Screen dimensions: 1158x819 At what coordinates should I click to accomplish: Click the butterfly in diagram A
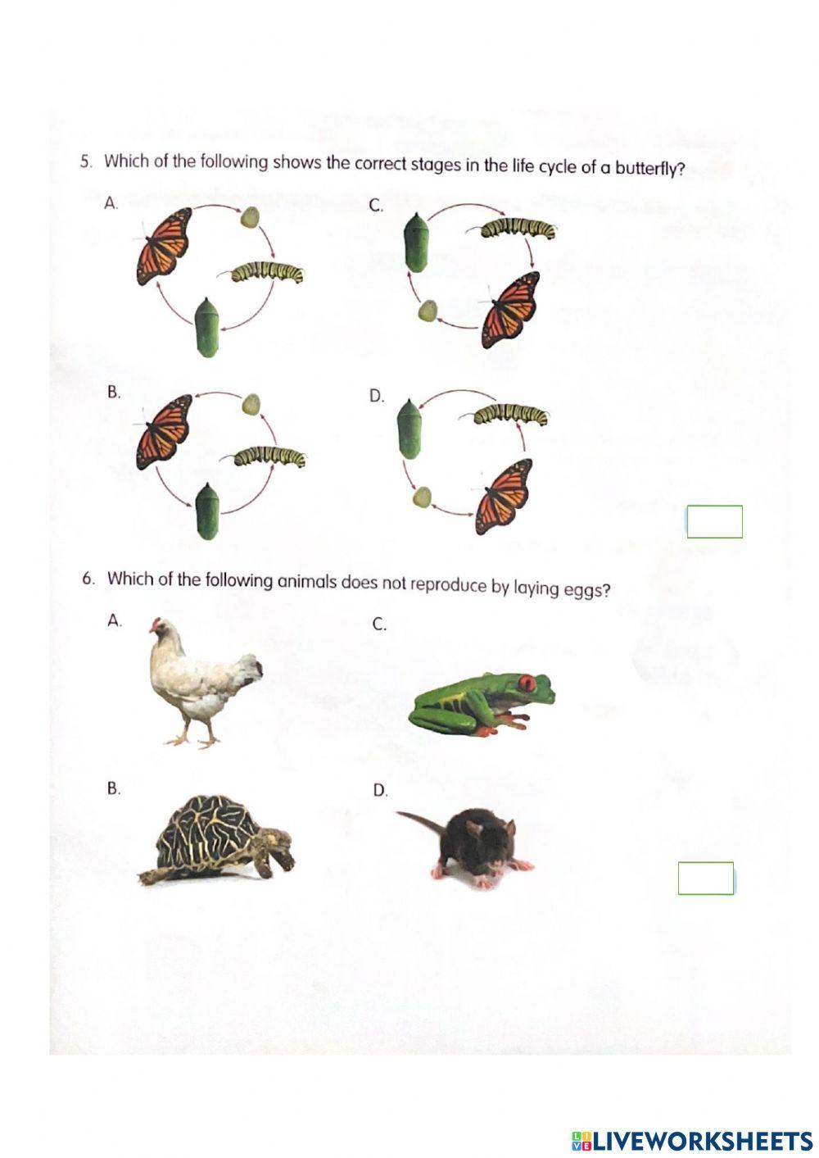tap(164, 244)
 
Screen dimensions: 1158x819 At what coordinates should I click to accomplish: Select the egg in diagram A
tap(251, 217)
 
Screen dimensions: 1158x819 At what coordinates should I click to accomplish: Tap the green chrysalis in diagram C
tap(417, 243)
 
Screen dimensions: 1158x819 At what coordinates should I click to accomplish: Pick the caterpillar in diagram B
tap(270, 456)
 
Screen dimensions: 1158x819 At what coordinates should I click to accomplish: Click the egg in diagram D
tap(423, 497)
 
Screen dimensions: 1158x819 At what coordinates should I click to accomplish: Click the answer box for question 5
tap(714, 522)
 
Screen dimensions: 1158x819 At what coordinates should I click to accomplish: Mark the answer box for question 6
tap(706, 879)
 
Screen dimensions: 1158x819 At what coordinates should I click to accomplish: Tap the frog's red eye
tap(528, 682)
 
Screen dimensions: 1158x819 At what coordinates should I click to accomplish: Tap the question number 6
tap(88, 579)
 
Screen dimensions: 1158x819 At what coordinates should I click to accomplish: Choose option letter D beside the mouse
tap(380, 791)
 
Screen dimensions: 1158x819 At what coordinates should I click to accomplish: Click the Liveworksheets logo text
tap(702, 1140)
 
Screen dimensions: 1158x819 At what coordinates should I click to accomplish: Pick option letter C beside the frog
tap(379, 624)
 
